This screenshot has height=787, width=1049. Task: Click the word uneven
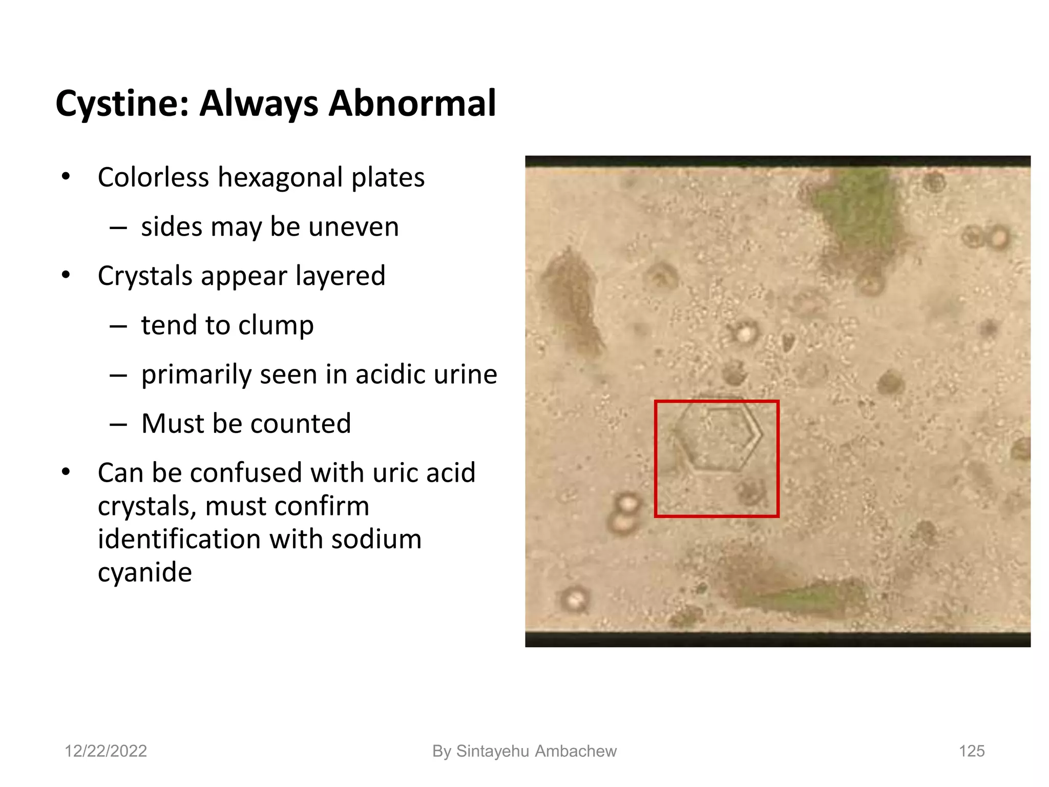(x=354, y=227)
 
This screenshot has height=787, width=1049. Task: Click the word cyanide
(x=145, y=572)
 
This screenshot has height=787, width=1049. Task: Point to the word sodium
(x=376, y=540)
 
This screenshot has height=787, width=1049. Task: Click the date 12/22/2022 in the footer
(x=106, y=751)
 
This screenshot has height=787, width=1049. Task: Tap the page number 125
(x=972, y=751)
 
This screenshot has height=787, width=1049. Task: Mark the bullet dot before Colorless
(x=65, y=177)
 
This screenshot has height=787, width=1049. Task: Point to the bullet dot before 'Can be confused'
(x=65, y=472)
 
